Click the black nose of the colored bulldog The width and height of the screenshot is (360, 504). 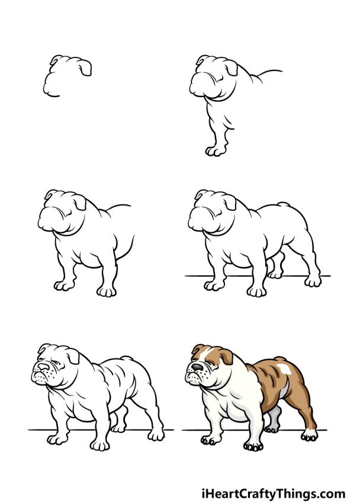194,367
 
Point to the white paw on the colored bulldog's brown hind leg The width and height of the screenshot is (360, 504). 309,436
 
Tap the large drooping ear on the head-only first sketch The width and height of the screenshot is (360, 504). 85,68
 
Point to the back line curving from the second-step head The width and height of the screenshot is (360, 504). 266,74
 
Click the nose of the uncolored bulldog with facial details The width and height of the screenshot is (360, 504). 37,368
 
